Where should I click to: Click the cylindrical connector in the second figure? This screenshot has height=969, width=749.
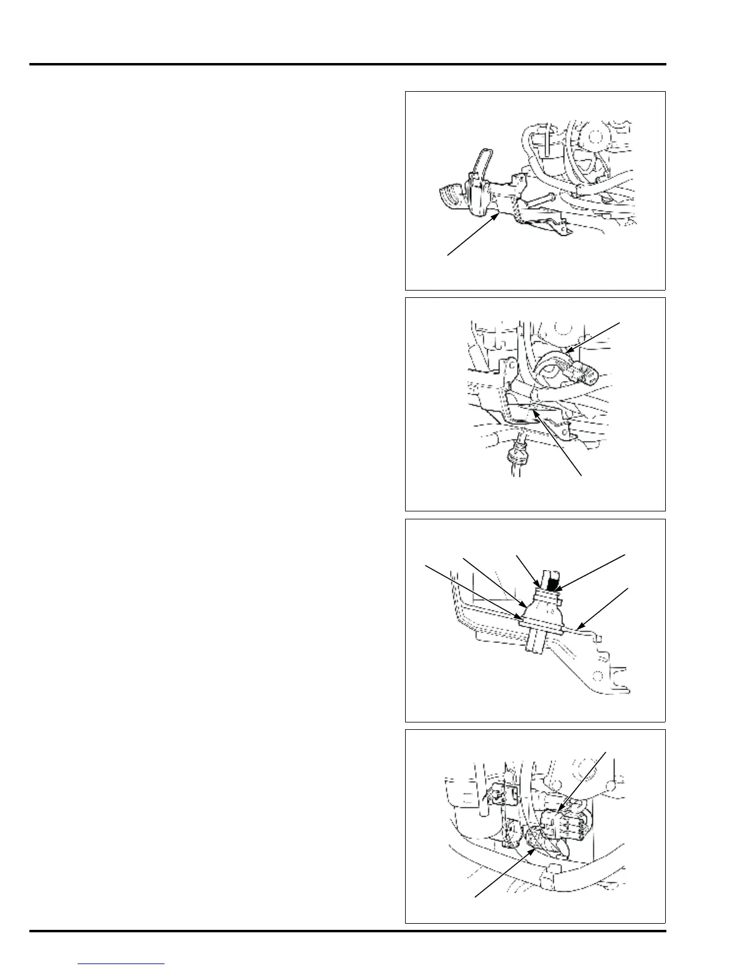584,369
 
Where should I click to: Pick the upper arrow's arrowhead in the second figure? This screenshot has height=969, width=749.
570,351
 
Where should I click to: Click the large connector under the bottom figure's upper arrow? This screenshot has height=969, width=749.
560,823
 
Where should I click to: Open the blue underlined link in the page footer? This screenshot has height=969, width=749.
122,963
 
